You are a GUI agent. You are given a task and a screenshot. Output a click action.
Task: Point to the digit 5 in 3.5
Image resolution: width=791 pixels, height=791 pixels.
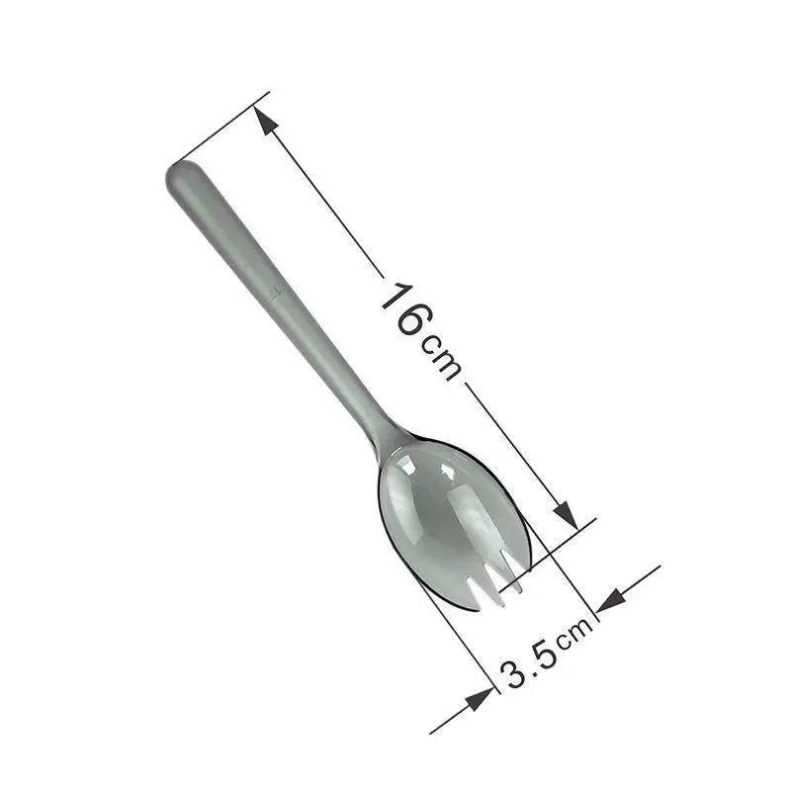tap(544, 655)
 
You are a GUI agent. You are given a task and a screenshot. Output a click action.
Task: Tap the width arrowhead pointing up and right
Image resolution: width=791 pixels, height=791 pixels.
tap(480, 699)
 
